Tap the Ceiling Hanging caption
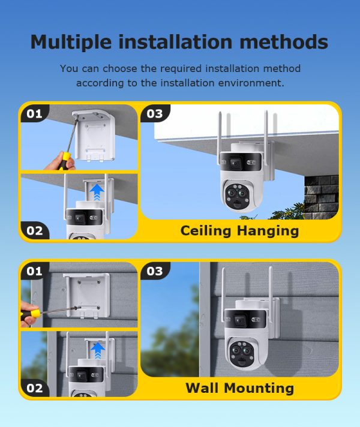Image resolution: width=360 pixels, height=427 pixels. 239,230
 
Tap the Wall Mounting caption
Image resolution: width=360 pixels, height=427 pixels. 239,388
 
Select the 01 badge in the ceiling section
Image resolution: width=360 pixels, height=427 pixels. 34,113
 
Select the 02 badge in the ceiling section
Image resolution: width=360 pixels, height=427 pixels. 35,230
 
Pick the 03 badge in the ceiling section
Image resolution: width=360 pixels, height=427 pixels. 154,113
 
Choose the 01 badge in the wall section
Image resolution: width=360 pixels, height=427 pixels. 34,271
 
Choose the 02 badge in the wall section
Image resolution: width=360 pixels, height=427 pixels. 35,388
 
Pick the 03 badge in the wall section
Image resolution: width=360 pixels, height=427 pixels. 154,271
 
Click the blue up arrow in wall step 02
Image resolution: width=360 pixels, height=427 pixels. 97,349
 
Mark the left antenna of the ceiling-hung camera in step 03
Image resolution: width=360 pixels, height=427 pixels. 221,129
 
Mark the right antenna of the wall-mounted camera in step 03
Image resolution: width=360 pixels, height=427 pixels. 269,285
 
